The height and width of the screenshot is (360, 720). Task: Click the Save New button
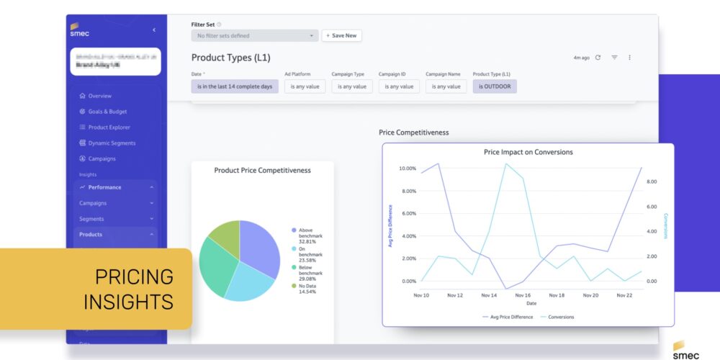(x=342, y=35)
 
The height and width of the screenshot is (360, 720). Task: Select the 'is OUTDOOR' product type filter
(x=495, y=86)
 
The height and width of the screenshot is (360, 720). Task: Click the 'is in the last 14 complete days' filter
(x=235, y=86)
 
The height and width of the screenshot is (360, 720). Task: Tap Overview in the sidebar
(x=99, y=96)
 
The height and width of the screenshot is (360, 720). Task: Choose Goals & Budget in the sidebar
(x=107, y=112)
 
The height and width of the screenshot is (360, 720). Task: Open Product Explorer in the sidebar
(x=109, y=127)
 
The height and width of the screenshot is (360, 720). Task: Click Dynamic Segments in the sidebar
(x=112, y=143)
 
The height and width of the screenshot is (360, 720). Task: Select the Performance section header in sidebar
(x=104, y=187)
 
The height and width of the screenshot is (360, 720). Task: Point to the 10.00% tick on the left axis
(x=407, y=168)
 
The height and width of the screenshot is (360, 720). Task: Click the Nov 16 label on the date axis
(x=523, y=295)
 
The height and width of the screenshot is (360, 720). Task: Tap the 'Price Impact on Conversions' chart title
(x=528, y=153)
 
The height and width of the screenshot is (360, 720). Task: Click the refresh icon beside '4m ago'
(x=598, y=58)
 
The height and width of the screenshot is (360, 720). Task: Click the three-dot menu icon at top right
(x=629, y=58)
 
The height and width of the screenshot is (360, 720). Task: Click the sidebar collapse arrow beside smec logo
(x=153, y=30)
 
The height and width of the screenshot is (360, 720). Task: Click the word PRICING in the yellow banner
(x=135, y=276)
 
